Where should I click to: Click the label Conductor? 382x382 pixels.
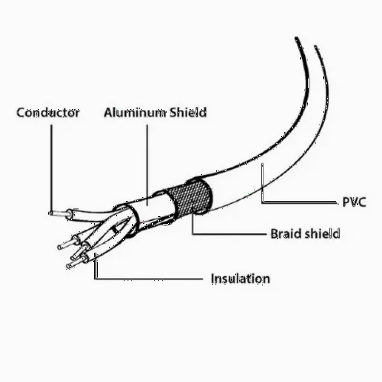(48, 112)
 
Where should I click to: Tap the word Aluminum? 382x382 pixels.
(134, 112)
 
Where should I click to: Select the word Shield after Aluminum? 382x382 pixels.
(188, 112)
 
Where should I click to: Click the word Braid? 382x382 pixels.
(286, 234)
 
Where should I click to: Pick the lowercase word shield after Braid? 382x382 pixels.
(322, 234)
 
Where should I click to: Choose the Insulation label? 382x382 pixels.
(241, 279)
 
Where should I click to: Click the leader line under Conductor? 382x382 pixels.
(52, 169)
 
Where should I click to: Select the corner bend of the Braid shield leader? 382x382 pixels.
(193, 233)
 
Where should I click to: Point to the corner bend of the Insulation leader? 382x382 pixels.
(95, 279)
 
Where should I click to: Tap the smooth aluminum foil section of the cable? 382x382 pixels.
(151, 208)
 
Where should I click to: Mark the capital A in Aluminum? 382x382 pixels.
(109, 112)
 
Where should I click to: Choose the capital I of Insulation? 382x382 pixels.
(213, 278)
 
